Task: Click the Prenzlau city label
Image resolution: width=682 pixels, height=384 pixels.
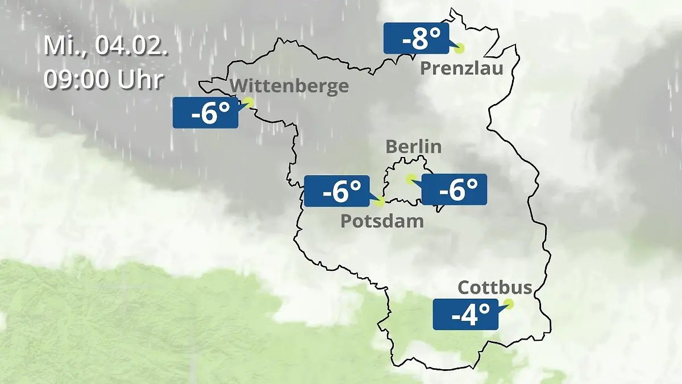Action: tap(461, 69)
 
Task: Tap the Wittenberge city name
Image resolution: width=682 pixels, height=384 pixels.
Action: tap(290, 86)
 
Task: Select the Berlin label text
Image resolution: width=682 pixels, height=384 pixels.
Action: tap(413, 146)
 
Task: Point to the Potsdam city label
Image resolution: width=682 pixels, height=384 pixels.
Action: tap(382, 221)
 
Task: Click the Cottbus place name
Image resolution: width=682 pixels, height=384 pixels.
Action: tap(495, 287)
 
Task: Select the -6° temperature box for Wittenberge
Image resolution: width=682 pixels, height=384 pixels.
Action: tap(205, 113)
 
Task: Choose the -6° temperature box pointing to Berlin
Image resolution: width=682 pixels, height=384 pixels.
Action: tap(454, 189)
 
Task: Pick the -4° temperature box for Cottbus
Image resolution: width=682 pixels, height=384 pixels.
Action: tap(465, 314)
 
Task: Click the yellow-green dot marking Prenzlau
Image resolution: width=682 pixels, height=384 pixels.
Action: tap(459, 48)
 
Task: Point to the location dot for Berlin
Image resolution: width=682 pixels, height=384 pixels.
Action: tap(410, 179)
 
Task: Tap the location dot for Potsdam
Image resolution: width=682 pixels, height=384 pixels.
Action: tap(380, 201)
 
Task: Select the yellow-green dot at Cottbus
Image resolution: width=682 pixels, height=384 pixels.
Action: tap(508, 304)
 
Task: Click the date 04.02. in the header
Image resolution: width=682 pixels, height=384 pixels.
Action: tap(132, 46)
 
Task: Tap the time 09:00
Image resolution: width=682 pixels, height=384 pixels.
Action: tap(77, 80)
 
